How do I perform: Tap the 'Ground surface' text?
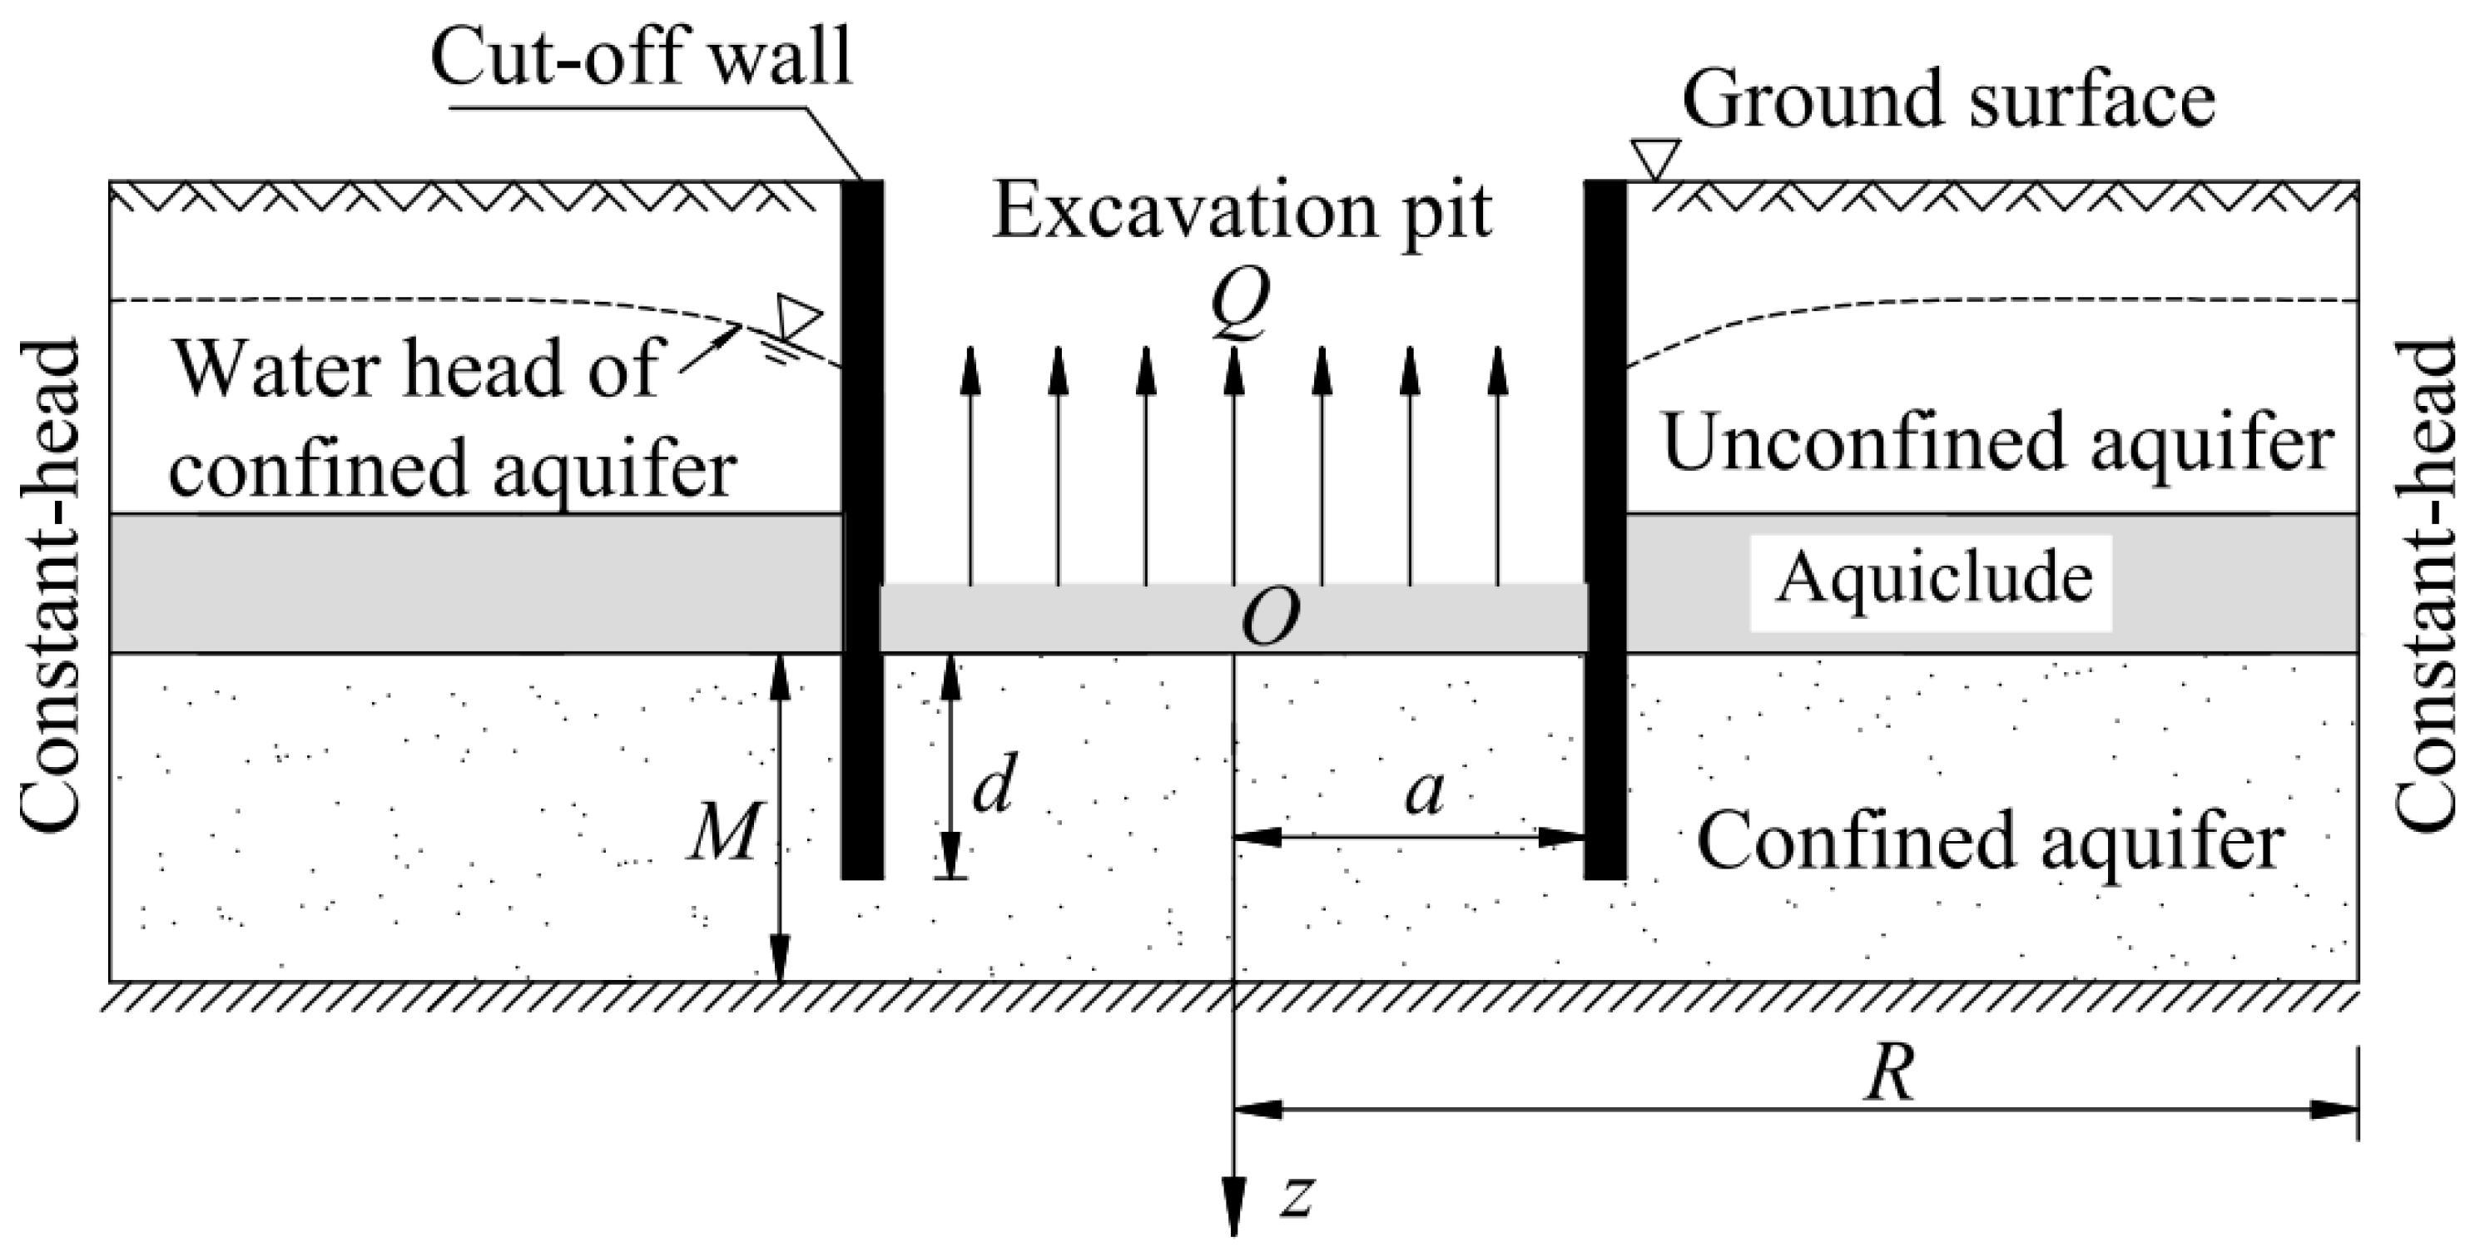1948,100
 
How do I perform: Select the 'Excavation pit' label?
1242,213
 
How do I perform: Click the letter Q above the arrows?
1239,302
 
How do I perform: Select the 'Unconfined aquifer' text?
1997,443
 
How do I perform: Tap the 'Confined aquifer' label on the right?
1990,840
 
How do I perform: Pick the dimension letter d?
993,786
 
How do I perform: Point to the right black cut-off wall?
1605,529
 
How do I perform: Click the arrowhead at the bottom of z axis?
1233,1217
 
